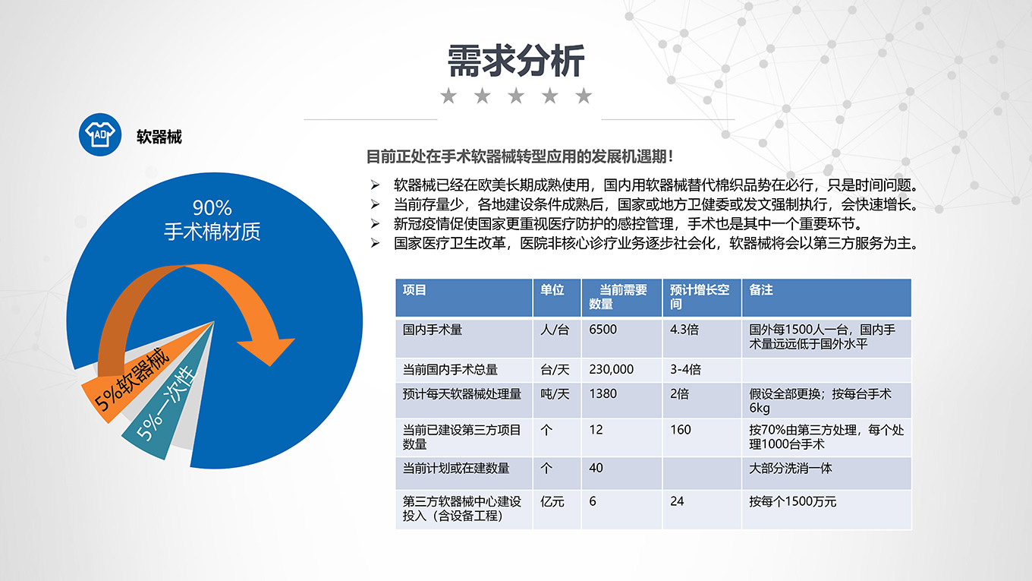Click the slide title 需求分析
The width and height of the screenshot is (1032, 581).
[516, 61]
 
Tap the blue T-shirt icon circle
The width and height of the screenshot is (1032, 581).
[100, 134]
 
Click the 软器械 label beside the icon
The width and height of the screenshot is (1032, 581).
[159, 137]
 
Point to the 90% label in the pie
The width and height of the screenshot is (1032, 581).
[212, 208]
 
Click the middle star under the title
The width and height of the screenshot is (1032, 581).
[516, 96]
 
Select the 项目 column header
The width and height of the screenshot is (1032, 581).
[414, 290]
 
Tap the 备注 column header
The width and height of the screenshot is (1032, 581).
[760, 290]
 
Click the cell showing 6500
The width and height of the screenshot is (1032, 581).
[603, 330]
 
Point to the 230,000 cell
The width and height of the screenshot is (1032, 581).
[611, 369]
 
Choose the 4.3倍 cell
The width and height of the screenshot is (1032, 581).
[684, 330]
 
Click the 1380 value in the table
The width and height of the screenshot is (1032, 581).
[603, 393]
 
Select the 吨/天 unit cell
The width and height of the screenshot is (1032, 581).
[555, 393]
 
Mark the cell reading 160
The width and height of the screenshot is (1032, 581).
[681, 430]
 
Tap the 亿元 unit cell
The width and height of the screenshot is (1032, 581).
[552, 502]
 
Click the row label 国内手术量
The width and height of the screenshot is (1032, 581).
[433, 330]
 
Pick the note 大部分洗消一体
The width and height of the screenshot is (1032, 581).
[791, 469]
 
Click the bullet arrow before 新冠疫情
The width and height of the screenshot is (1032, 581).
[375, 224]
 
